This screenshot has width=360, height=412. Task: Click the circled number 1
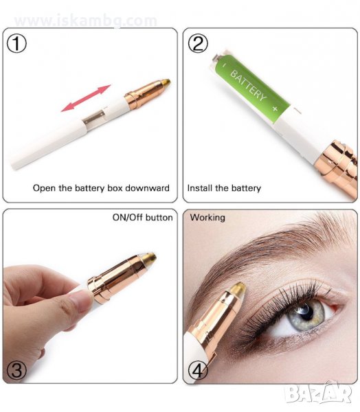click(16, 44)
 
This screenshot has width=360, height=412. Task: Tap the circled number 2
click(198, 43)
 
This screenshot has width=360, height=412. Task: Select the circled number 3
click(16, 371)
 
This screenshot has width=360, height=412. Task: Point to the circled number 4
click(198, 371)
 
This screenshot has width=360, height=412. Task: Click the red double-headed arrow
click(86, 98)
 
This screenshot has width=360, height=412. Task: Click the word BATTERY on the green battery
click(248, 85)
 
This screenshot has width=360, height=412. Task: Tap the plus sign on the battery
click(275, 108)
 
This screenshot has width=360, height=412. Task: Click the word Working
click(207, 218)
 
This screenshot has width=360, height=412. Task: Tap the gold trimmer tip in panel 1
click(165, 83)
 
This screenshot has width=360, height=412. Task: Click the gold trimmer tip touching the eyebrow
click(238, 289)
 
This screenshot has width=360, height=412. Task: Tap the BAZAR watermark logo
click(319, 393)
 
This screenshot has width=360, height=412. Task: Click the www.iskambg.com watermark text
click(86, 21)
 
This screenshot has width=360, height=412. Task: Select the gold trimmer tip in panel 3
click(149, 258)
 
